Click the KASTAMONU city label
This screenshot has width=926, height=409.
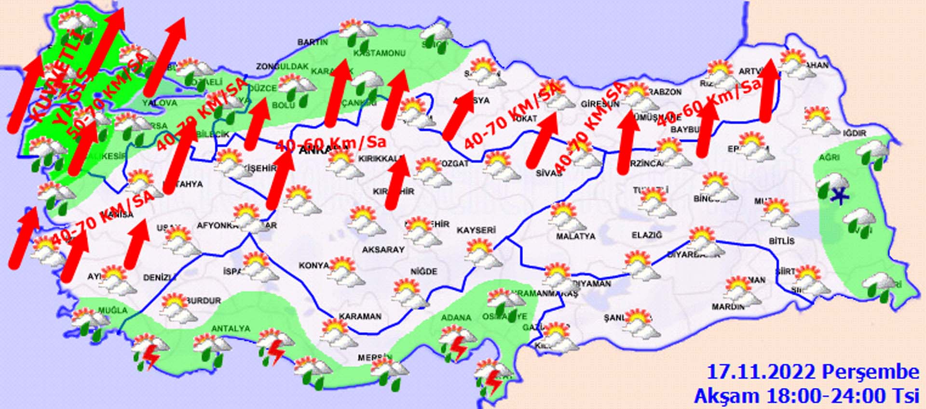tap(380, 53)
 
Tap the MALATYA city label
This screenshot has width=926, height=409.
tap(575, 237)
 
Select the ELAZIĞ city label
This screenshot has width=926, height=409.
tap(647, 235)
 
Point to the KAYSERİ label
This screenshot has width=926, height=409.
tap(476, 230)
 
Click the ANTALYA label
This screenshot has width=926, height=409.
tap(231, 329)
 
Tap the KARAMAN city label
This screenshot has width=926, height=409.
tap(360, 317)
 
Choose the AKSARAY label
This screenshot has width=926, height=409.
tap(383, 250)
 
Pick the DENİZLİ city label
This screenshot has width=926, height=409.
tap(160, 278)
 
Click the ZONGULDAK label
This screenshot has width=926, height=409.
tap(282, 66)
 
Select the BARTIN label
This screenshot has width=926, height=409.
tap(313, 42)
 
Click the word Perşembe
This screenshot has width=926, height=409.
tap(870, 372)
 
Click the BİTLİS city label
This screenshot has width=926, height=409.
tap(781, 241)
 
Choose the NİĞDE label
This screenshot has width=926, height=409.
tap(423, 272)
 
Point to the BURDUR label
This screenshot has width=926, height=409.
tap(204, 301)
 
